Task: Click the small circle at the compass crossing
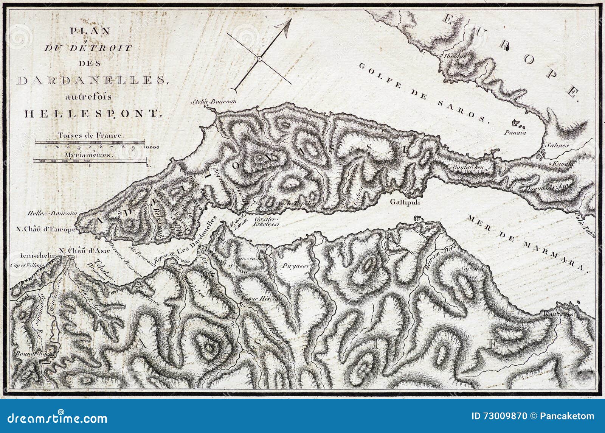(x=259, y=59)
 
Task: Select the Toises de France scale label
(x=90, y=135)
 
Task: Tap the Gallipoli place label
(x=405, y=202)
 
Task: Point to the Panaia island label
(x=515, y=133)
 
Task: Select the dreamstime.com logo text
(x=55, y=418)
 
